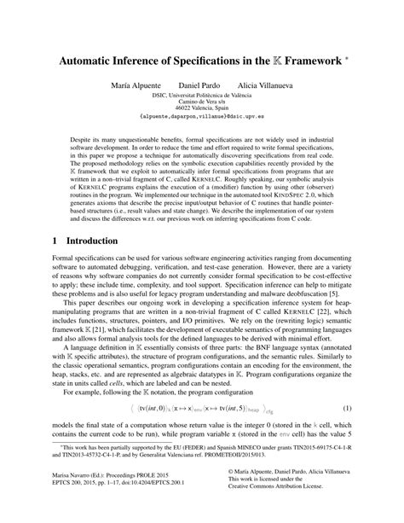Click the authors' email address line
click(x=201, y=124)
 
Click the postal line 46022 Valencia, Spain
click(x=201, y=114)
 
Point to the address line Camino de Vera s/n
click(x=201, y=107)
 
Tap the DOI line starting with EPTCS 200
click(x=95, y=503)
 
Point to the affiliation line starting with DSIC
click(x=201, y=99)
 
